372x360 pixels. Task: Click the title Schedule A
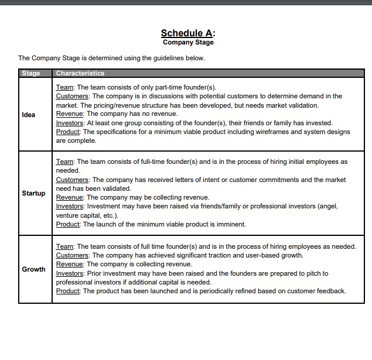(188, 33)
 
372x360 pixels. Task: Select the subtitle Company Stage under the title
(188, 42)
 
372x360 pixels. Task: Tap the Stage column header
(30, 73)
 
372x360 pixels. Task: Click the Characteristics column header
(80, 73)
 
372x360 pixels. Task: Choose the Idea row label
(28, 115)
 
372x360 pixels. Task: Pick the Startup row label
(33, 193)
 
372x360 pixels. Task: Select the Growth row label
(33, 269)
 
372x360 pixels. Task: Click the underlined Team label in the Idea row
(64, 87)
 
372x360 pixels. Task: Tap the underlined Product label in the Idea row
(68, 132)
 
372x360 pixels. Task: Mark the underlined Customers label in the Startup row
(72, 180)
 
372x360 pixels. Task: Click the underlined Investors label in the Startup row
(70, 206)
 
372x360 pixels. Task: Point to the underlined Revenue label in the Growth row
(70, 264)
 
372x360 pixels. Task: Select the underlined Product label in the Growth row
(68, 291)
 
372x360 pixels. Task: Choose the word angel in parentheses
(329, 206)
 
